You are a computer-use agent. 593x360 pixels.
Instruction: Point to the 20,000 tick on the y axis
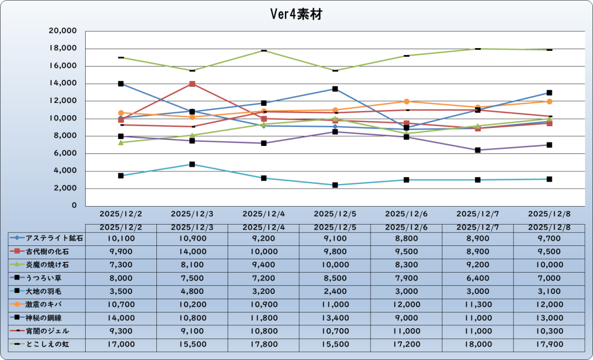tap(64, 31)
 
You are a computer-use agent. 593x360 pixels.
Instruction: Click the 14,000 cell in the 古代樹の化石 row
tap(192, 251)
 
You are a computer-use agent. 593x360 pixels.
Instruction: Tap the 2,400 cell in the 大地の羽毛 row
tap(335, 291)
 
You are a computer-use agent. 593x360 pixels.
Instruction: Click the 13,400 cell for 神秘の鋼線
tap(335, 317)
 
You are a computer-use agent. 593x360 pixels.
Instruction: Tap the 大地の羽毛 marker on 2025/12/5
tap(335, 185)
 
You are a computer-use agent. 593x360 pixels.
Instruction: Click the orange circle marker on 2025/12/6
tap(407, 101)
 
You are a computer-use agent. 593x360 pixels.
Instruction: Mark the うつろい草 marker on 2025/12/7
tap(478, 150)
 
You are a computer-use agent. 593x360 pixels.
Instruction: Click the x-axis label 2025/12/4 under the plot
tap(263, 214)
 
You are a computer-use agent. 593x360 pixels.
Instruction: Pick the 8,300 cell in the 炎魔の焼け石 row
tap(406, 264)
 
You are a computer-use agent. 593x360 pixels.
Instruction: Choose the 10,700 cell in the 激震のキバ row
tap(121, 304)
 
